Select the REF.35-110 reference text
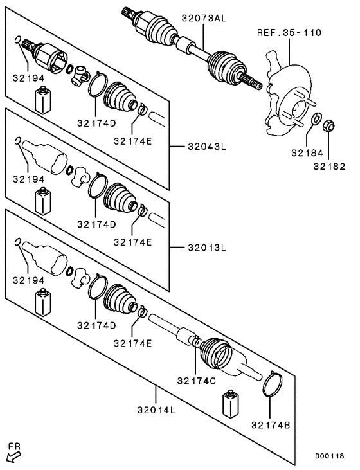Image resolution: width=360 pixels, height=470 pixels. click(x=289, y=32)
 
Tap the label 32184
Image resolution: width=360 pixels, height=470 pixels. click(x=304, y=154)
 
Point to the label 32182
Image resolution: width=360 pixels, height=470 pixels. click(x=328, y=167)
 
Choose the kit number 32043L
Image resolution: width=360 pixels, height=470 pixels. click(x=207, y=147)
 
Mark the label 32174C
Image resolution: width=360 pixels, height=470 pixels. click(x=196, y=380)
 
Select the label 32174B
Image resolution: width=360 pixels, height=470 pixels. click(x=270, y=425)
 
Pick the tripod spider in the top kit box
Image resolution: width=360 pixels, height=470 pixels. click(x=80, y=75)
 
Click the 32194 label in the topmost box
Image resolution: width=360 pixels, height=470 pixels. click(x=28, y=78)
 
